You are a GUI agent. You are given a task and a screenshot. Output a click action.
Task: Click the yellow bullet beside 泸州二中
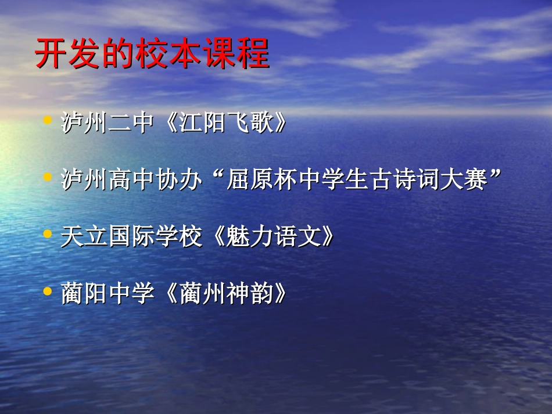[x=48, y=120]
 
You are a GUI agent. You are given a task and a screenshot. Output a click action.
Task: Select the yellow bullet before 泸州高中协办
[x=48, y=177]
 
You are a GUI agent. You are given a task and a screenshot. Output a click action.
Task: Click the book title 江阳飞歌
[x=228, y=123]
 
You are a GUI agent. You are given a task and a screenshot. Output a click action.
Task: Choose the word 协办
[x=180, y=181]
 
